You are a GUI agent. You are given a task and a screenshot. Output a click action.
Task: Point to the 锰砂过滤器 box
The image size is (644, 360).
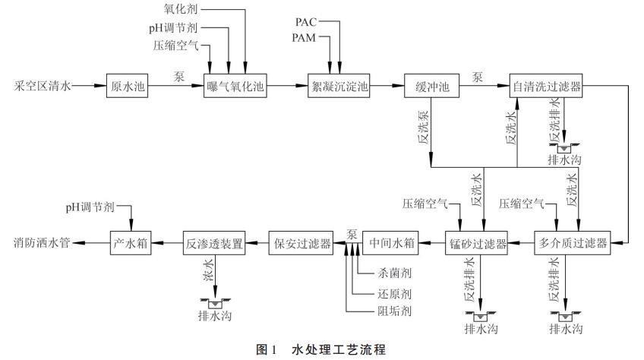(475, 244)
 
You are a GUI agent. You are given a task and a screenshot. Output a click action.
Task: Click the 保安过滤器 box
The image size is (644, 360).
(301, 244)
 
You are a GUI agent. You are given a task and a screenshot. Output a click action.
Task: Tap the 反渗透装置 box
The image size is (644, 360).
(213, 244)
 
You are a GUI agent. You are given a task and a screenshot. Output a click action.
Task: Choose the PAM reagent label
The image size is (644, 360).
(308, 37)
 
